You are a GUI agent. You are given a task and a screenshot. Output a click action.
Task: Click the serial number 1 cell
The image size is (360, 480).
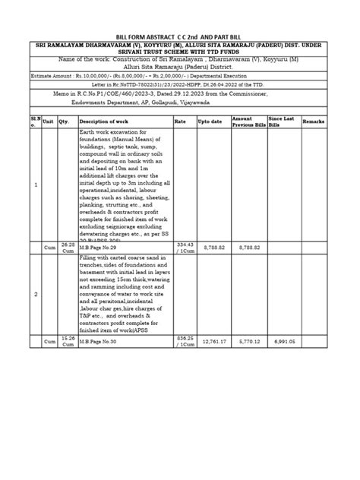[36, 185]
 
